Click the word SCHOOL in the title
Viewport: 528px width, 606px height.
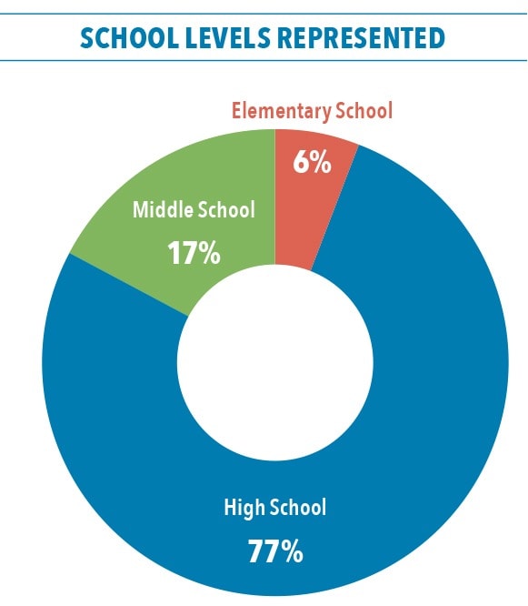click(129, 38)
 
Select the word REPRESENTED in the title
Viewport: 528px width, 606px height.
click(362, 38)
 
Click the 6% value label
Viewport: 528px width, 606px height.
click(312, 162)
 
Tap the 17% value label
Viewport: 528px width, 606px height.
click(194, 253)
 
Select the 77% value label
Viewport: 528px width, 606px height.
click(275, 551)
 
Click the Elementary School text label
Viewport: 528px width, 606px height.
click(312, 111)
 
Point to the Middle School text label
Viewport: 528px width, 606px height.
click(194, 209)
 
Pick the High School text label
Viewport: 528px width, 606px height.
click(275, 508)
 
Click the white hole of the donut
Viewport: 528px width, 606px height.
click(275, 362)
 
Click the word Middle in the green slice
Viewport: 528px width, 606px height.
click(163, 209)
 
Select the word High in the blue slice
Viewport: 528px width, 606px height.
click(244, 509)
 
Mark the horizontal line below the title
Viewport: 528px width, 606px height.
click(264, 60)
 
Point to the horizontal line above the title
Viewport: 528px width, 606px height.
click(264, 14)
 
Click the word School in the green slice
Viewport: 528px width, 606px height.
click(226, 209)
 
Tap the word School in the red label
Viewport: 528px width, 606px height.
click(364, 110)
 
